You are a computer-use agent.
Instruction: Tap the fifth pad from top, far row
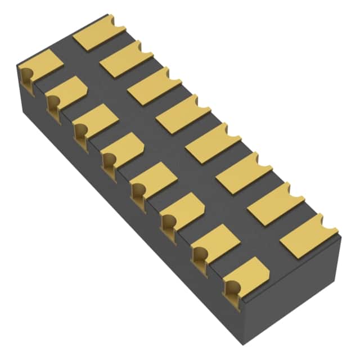212,142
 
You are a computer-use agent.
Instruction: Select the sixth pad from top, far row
243,172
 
